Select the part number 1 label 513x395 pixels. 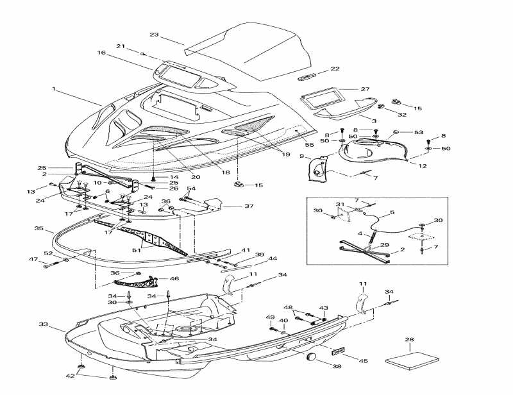tap(55, 89)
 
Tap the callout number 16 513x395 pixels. tap(101, 53)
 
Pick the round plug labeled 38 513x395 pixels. tap(312, 357)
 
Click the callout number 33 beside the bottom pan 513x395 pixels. tap(43, 324)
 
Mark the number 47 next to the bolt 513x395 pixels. tap(33, 259)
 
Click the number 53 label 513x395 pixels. tap(419, 133)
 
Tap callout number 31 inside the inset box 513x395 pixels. tap(341, 204)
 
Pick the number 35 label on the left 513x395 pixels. tap(38, 228)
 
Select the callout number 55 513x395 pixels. tap(309, 145)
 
